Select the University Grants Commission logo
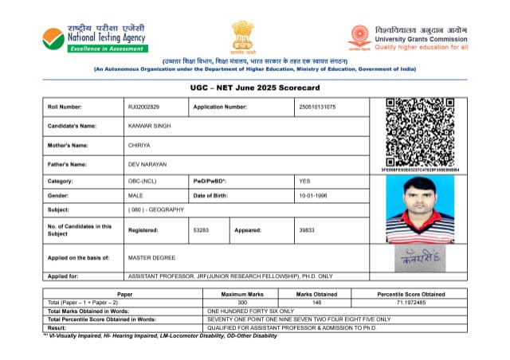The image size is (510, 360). click(x=360, y=37)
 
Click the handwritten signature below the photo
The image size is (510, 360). click(x=419, y=259)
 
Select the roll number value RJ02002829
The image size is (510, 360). click(x=143, y=107)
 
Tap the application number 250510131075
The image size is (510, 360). click(x=317, y=107)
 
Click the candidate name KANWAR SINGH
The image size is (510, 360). click(x=149, y=126)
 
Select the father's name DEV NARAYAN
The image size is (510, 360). click(x=147, y=165)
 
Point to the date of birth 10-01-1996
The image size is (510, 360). click(x=313, y=196)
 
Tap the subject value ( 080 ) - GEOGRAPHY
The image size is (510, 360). click(x=156, y=209)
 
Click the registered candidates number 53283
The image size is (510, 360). click(x=201, y=229)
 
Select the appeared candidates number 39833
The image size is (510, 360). click(x=307, y=229)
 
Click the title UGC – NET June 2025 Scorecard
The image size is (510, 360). click(x=254, y=86)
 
